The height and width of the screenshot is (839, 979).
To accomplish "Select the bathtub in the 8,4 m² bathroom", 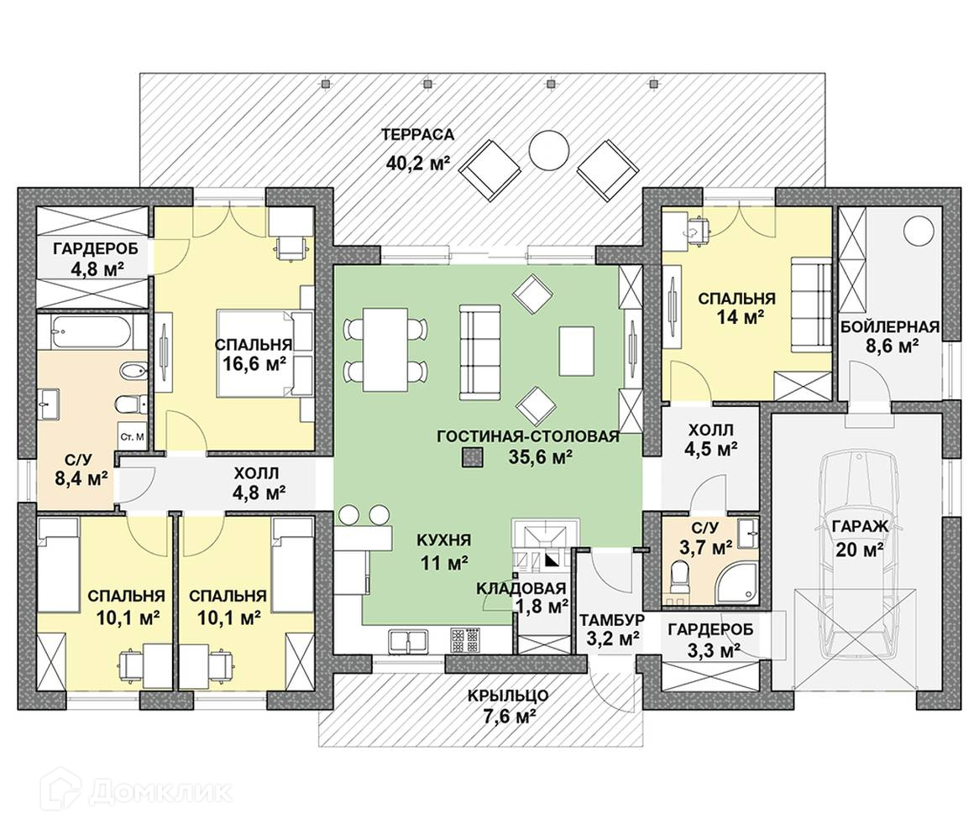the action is pos(88,333).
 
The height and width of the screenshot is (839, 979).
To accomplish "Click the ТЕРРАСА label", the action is pos(417,134).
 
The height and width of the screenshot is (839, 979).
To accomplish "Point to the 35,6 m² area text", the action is pos(540,457).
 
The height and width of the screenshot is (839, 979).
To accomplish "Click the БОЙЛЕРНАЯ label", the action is pos(890,326).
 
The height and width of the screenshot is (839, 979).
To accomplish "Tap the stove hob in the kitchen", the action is pos(463,640).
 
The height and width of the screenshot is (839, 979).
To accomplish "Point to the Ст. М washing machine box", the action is pos(133,437).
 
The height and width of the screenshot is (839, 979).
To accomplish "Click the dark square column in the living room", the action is pos(474,457).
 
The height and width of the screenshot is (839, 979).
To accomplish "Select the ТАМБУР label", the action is pos(611,619).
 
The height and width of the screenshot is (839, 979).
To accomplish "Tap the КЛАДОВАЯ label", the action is pos(521,587).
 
